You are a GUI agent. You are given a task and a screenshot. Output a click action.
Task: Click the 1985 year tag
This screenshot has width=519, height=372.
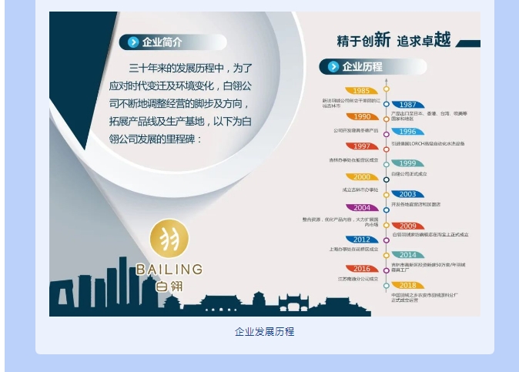tap(361, 90)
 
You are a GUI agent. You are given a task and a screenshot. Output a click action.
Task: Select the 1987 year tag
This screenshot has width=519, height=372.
tap(407, 105)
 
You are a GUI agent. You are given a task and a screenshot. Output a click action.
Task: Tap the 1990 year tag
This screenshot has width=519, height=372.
tap(361, 117)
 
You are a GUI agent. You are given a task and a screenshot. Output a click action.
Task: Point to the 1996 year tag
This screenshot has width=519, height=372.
tap(407, 132)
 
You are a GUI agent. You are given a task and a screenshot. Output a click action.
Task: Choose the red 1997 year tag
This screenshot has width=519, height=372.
tap(361, 146)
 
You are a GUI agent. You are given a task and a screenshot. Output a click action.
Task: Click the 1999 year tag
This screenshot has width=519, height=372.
tap(407, 163)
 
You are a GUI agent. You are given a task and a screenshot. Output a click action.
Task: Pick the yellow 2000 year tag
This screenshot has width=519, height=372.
tap(361, 177)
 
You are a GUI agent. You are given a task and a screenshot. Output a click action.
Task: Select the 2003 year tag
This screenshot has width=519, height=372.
tap(407, 194)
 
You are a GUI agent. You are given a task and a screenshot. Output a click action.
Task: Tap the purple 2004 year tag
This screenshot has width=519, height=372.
tap(361, 208)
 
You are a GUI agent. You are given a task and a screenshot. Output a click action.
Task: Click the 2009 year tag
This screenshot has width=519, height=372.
tap(407, 226)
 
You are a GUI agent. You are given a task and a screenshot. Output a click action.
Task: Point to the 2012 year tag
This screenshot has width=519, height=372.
tap(361, 240)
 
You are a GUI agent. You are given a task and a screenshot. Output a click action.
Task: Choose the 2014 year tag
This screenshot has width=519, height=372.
tap(407, 255)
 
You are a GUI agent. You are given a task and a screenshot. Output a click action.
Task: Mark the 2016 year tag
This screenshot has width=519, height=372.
tap(361, 269)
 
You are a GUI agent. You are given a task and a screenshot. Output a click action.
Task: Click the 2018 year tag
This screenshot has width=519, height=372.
tap(407, 285)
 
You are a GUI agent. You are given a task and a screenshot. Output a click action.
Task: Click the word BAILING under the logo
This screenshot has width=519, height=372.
tap(169, 270)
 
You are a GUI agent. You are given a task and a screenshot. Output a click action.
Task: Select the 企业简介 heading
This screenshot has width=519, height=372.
tap(162, 42)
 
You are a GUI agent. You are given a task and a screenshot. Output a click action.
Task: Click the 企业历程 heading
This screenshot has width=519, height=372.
tap(362, 67)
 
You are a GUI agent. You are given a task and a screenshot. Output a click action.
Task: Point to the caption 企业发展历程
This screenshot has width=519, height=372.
tap(264, 332)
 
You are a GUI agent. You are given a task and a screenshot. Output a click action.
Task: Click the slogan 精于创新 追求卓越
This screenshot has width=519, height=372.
tap(393, 41)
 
